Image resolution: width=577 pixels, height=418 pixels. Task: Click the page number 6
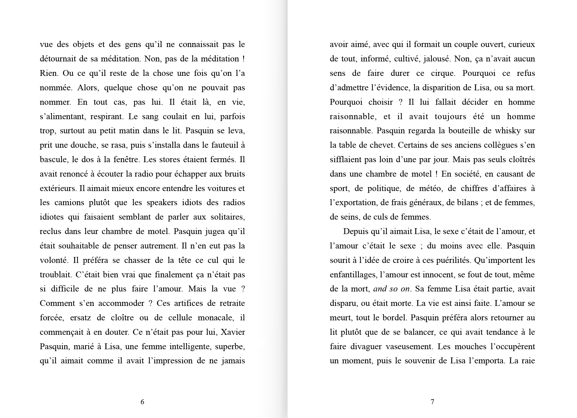click(142, 402)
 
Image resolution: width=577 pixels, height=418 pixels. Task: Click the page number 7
click(432, 402)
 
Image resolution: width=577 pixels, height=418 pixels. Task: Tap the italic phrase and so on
click(391, 289)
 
